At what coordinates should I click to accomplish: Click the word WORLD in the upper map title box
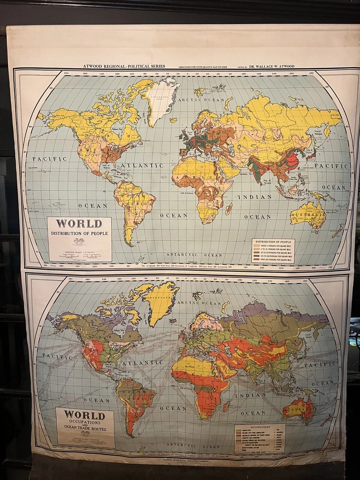(x=79, y=223)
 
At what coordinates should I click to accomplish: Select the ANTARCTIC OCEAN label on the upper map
(x=199, y=255)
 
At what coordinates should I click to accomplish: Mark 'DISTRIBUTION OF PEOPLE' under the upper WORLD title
(x=79, y=233)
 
